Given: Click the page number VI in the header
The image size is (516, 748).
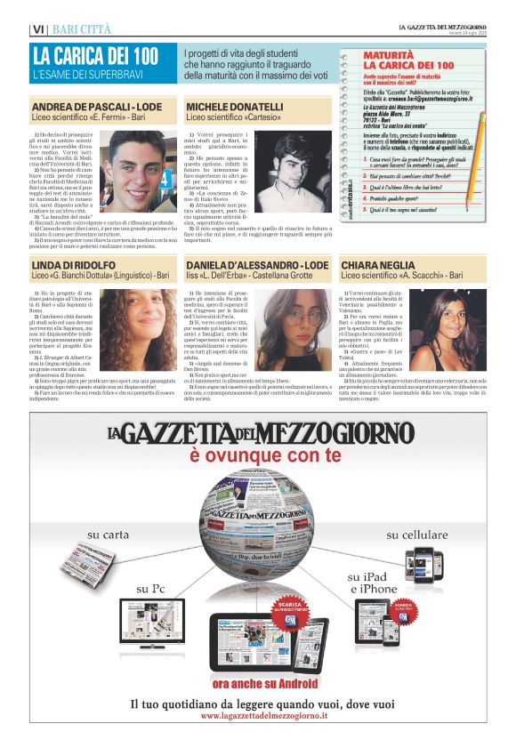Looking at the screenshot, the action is click(37, 29).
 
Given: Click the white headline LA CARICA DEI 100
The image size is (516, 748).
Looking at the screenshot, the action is click(94, 55).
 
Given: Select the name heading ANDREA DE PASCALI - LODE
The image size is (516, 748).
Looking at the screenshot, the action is click(91, 106).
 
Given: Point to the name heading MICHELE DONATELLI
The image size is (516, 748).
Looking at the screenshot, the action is click(235, 106).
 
